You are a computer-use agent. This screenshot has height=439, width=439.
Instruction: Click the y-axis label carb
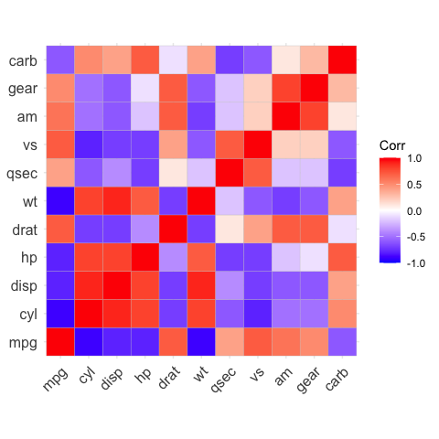click(x=23, y=61)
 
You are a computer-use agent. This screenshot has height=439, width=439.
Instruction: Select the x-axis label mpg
click(x=55, y=378)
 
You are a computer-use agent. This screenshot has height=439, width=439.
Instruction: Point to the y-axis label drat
click(x=24, y=231)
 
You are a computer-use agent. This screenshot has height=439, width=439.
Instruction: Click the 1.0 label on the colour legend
click(x=415, y=158)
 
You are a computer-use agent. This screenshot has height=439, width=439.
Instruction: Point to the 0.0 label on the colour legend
click(x=415, y=210)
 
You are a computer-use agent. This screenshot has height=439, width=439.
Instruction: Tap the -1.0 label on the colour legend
click(x=413, y=262)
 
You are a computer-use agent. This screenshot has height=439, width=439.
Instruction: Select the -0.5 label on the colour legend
click(x=413, y=236)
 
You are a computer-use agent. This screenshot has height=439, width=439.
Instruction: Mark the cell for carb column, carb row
click(x=343, y=59)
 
